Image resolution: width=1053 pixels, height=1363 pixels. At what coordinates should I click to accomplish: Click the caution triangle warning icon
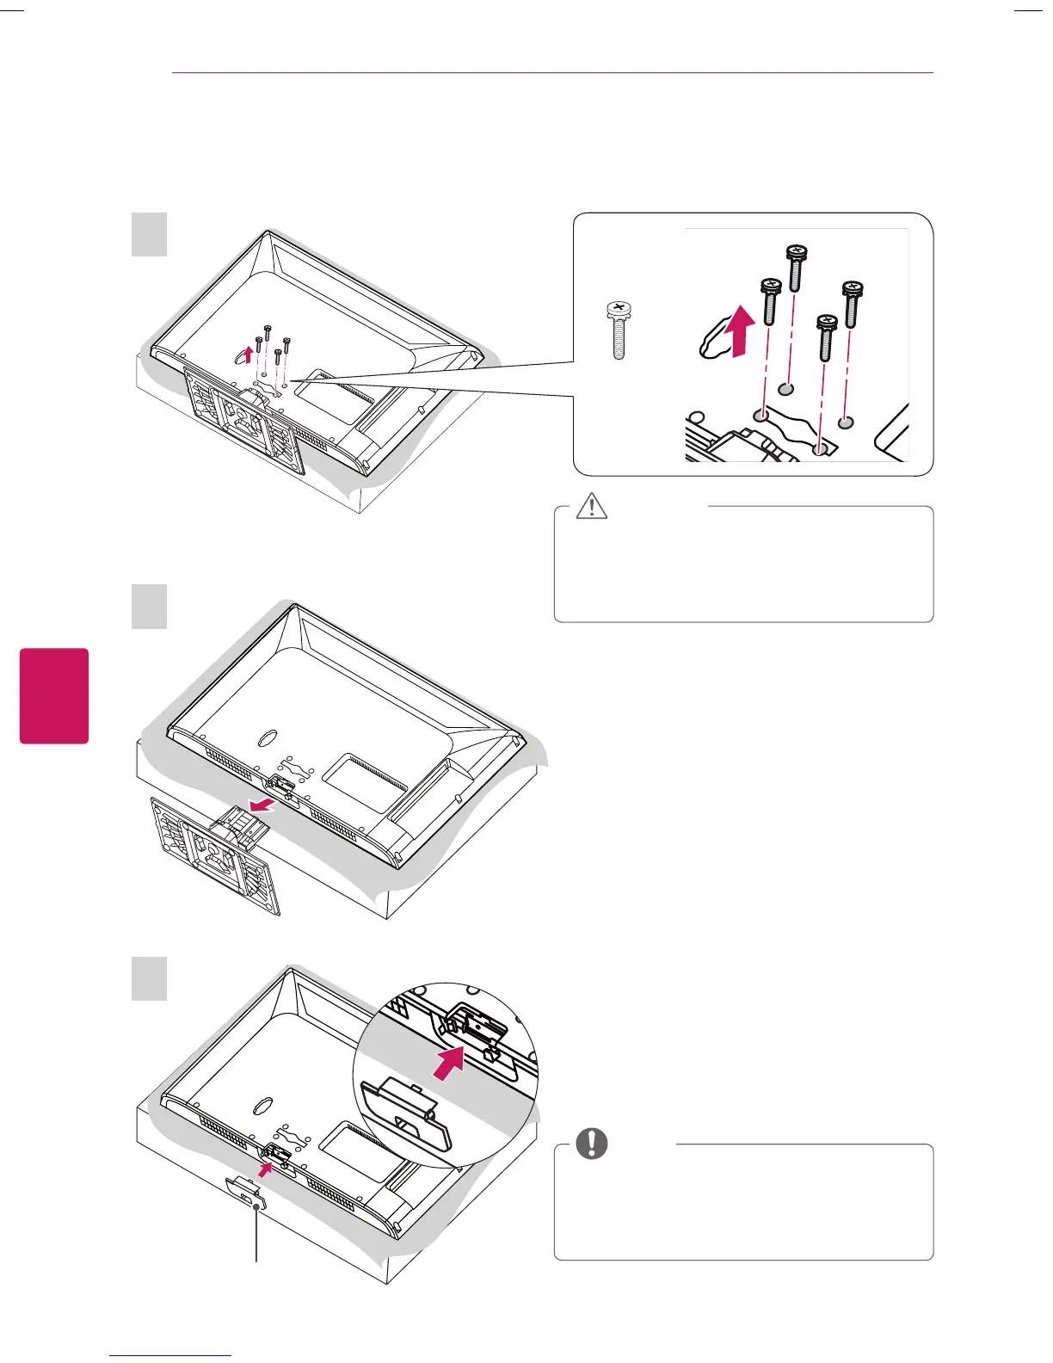(x=592, y=506)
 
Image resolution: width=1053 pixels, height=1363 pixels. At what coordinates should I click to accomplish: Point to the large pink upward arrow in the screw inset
(x=740, y=332)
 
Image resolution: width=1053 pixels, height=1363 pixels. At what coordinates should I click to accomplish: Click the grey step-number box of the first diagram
(x=149, y=234)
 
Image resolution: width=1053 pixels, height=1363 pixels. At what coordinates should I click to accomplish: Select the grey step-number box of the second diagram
(x=149, y=606)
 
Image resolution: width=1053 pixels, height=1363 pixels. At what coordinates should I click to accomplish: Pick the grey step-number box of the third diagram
(x=149, y=979)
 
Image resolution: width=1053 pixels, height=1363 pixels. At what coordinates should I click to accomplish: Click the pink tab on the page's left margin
(x=54, y=695)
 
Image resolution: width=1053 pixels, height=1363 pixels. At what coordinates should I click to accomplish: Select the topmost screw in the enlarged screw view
(x=795, y=266)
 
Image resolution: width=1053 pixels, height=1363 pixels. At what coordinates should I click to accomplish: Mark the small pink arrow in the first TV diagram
(x=248, y=353)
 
